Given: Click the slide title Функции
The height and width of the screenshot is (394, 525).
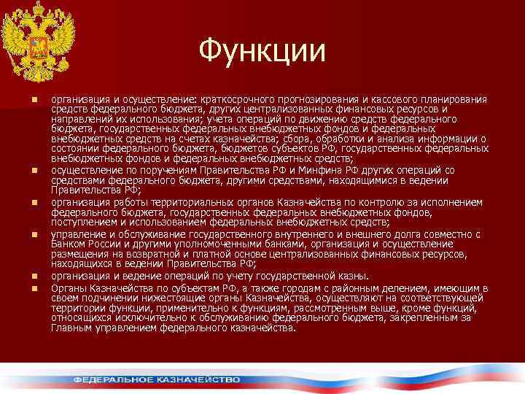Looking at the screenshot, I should pos(262,50).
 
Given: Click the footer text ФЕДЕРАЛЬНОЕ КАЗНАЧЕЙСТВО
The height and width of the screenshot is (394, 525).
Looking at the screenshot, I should pos(156,379).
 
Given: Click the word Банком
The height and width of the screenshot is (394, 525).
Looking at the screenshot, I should pos(68,244).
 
